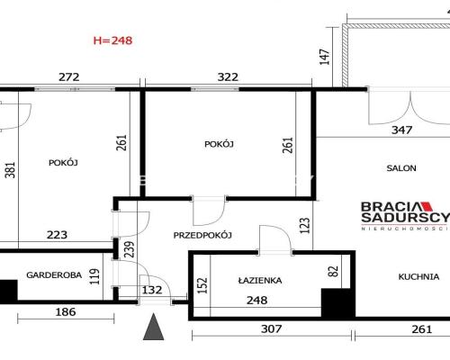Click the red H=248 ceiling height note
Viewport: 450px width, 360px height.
(x=112, y=40)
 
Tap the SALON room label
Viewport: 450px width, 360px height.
(x=401, y=168)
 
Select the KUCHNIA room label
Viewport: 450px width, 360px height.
(x=418, y=276)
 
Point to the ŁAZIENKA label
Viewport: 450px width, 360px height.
(x=260, y=281)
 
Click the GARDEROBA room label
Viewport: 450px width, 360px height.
(x=54, y=275)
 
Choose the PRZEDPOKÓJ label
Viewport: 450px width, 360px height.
(x=202, y=235)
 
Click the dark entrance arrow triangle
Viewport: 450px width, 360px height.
(x=153, y=327)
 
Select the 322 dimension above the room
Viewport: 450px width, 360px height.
(x=228, y=77)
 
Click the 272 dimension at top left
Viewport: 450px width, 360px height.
(x=69, y=77)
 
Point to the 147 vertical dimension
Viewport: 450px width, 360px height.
(x=325, y=57)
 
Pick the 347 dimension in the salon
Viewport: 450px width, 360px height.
(x=401, y=130)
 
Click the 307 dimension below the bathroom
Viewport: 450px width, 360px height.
(x=271, y=329)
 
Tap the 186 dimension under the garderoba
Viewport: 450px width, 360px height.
(x=66, y=312)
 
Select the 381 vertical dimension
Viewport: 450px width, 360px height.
(x=10, y=170)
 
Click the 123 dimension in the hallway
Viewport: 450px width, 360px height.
(x=304, y=226)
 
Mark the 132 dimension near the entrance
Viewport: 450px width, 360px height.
(x=152, y=290)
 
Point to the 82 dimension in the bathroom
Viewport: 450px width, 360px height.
(x=334, y=272)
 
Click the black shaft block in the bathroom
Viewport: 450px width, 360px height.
(x=336, y=302)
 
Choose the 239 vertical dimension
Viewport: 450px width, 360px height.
(x=130, y=249)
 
